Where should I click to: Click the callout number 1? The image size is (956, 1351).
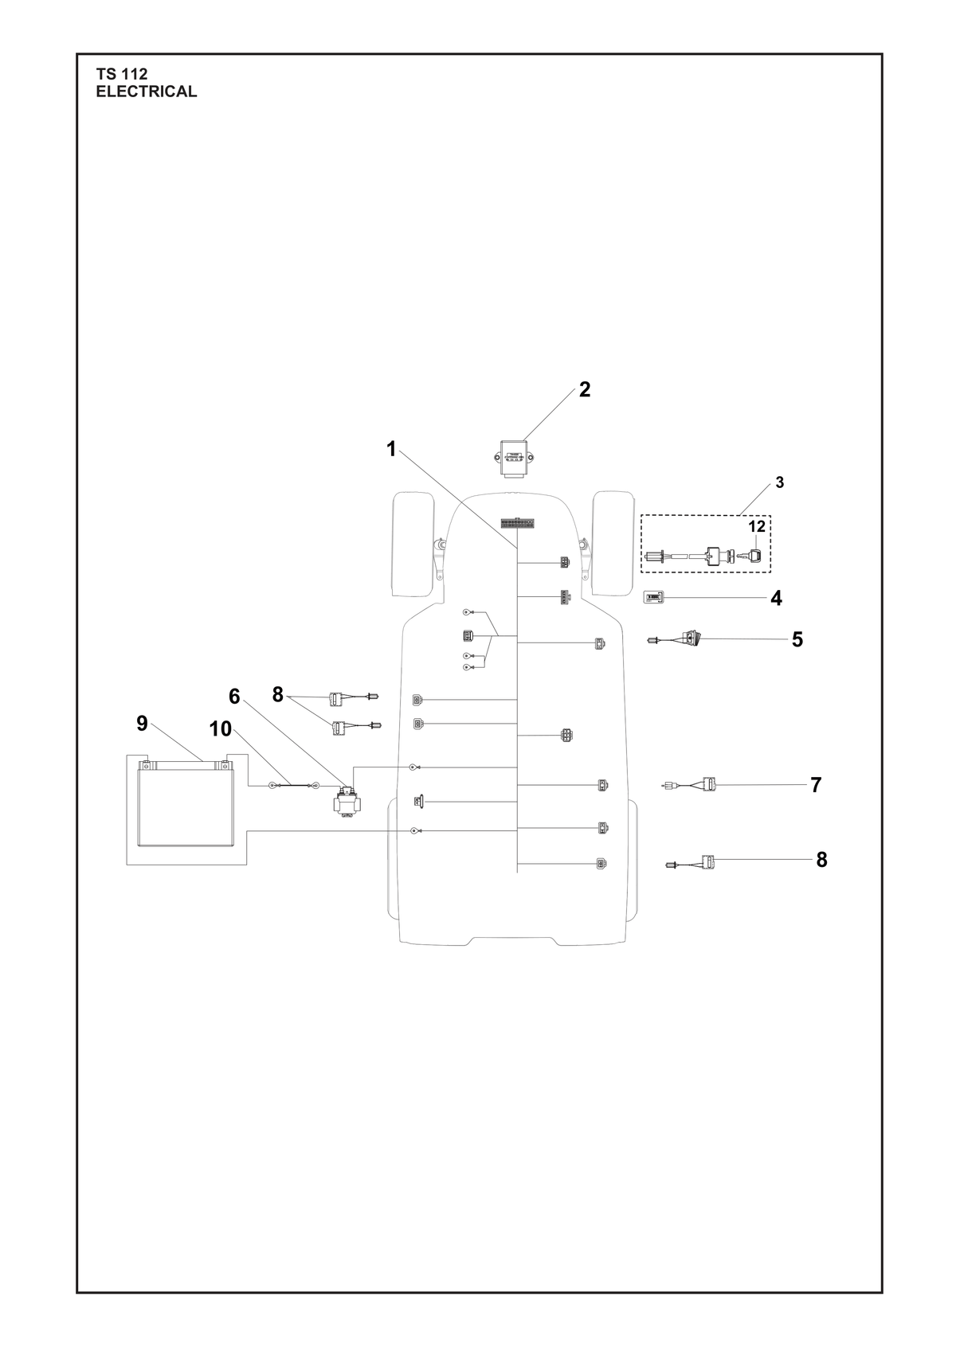[x=391, y=449]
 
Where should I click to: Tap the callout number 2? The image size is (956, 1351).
[x=584, y=389]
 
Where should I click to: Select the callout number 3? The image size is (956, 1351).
[x=779, y=482]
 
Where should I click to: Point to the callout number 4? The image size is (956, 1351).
[x=776, y=599]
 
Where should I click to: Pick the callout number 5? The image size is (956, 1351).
[x=797, y=639]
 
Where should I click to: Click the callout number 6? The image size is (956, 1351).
[x=234, y=696]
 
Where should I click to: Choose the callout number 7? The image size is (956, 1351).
[x=815, y=785]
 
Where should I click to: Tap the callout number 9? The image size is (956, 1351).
[x=142, y=723]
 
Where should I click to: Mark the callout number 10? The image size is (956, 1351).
[x=221, y=728]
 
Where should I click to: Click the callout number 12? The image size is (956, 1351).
[x=757, y=526]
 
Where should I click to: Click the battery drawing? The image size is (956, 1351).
[x=186, y=803]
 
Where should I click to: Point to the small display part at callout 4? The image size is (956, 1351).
[x=653, y=598]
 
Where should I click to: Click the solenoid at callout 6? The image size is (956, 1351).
[x=347, y=801]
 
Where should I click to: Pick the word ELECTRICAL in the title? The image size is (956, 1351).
[x=147, y=92]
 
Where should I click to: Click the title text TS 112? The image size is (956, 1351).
[x=122, y=74]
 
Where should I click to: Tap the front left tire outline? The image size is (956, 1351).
[x=414, y=545]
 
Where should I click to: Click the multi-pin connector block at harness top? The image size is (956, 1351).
[x=517, y=522]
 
